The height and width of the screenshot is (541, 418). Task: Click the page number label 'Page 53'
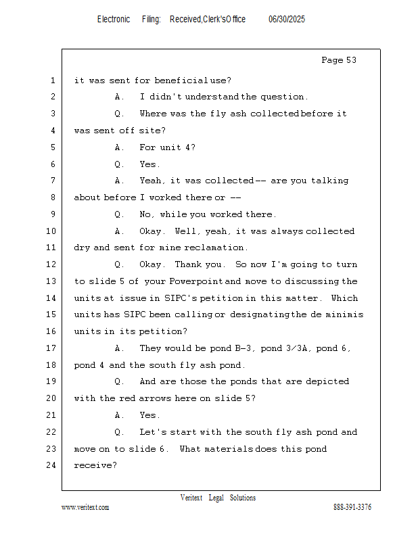(x=339, y=60)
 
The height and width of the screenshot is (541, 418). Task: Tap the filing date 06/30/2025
(x=287, y=19)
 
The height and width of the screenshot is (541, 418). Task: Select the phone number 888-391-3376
(x=352, y=507)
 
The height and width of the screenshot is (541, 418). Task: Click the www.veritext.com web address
(x=85, y=507)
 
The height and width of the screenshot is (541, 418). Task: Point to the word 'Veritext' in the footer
(x=191, y=498)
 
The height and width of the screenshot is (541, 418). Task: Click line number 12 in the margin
(x=51, y=264)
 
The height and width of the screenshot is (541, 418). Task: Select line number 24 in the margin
(x=51, y=465)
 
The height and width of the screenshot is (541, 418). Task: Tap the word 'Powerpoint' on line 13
(x=195, y=281)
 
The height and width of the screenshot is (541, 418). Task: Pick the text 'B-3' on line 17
(x=243, y=348)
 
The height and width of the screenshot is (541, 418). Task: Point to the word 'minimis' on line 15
(x=344, y=314)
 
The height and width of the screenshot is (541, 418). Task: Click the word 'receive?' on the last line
(x=95, y=465)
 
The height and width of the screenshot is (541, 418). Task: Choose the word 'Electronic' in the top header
(x=114, y=19)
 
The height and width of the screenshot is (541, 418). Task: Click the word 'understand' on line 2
(x=212, y=97)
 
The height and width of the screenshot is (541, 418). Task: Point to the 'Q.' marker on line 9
(x=119, y=214)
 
